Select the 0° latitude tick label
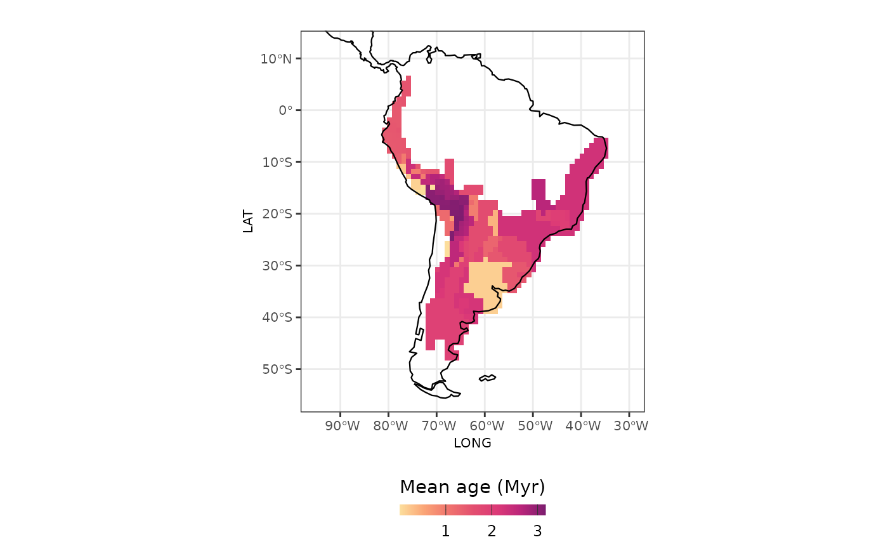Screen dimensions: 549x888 pyautogui.click(x=285, y=110)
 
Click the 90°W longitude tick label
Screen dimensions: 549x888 pyautogui.click(x=342, y=426)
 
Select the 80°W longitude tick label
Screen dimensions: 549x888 pyautogui.click(x=390, y=426)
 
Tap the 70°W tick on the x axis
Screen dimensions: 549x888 pyautogui.click(x=438, y=426)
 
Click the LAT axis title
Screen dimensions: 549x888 pyautogui.click(x=248, y=222)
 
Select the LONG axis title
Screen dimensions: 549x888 pyautogui.click(x=473, y=443)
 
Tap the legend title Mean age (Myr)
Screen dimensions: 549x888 pyautogui.click(x=473, y=487)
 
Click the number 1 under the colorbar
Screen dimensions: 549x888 pyautogui.click(x=446, y=531)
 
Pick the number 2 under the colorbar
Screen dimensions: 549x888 pyautogui.click(x=492, y=531)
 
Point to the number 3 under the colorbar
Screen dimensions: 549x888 pyautogui.click(x=538, y=531)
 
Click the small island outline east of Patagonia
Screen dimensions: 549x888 pyautogui.click(x=487, y=378)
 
